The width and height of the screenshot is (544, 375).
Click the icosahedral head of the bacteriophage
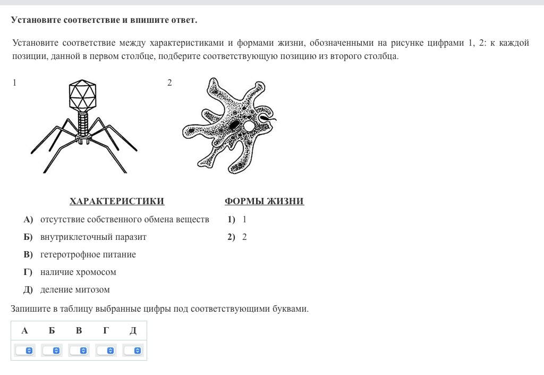coord(82,95)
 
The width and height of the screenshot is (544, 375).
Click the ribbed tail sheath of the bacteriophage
coord(83,123)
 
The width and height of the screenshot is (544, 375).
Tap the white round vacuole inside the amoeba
coord(249,126)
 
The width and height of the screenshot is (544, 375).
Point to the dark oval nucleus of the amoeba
coord(234,126)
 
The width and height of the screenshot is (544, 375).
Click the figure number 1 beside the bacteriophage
coord(14,82)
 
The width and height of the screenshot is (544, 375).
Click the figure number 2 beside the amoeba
coord(169,82)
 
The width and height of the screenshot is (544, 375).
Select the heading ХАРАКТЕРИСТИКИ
coord(117,201)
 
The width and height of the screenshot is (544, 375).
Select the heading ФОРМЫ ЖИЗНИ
coord(264,201)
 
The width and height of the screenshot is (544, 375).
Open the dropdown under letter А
coord(24,351)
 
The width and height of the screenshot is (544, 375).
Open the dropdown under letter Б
coord(52,351)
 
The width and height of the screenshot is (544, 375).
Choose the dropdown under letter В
coord(79,351)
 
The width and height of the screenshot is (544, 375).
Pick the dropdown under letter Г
coord(106,351)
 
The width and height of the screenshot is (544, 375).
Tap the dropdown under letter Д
coord(133,351)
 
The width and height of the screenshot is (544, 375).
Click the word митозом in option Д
coord(92,289)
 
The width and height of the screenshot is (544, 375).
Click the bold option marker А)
coord(28,219)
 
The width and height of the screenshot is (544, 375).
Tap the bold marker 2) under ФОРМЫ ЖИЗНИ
coord(231,237)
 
